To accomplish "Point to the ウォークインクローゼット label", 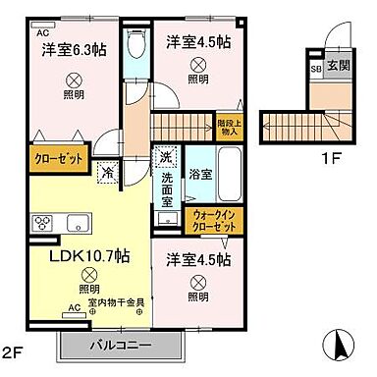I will (213, 220).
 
